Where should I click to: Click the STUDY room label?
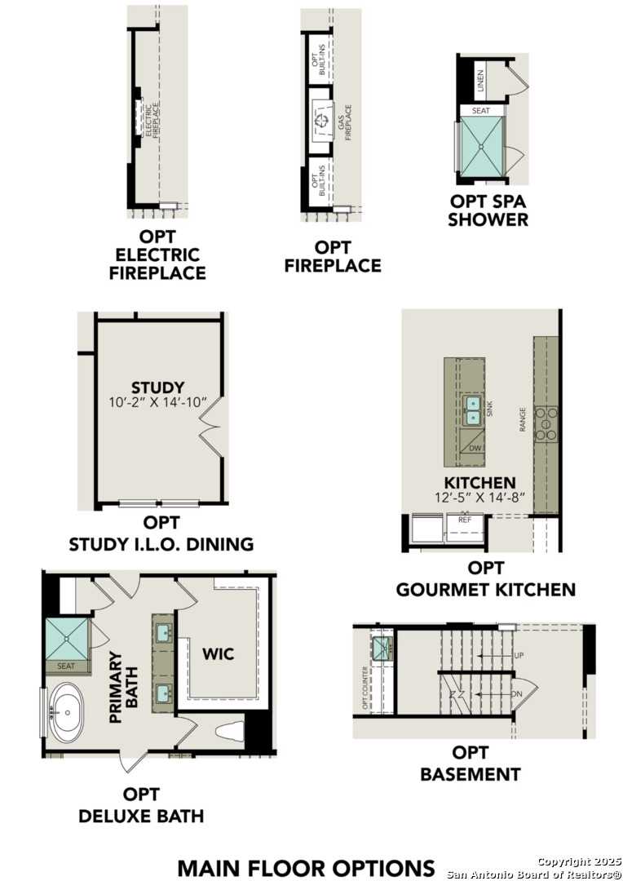158,387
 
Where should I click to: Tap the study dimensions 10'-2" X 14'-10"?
158,402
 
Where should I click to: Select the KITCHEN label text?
479,483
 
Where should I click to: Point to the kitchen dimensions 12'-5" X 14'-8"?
479,497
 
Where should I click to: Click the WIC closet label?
219,653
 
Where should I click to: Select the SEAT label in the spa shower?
481,110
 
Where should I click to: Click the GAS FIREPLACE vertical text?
345,122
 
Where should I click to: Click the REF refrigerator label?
465,519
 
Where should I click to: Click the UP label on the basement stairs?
519,655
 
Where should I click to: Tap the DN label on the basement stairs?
518,694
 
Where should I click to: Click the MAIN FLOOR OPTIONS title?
306,867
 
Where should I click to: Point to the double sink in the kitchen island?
472,410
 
